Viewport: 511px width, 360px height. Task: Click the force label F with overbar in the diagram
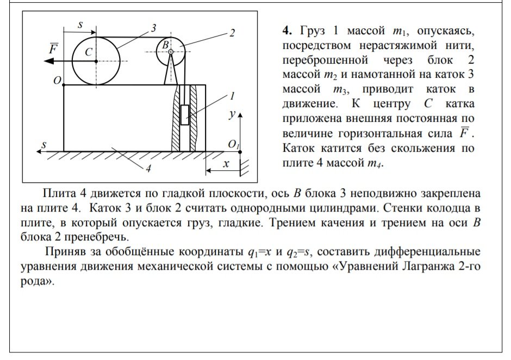point(53,48)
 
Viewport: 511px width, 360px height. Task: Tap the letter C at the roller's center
point(89,52)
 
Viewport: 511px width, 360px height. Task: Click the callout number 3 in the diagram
point(154,28)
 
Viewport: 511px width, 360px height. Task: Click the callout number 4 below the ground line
point(147,169)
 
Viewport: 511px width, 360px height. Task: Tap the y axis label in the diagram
point(232,115)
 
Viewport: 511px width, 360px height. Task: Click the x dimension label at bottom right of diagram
point(226,163)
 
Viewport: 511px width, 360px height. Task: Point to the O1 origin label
point(234,145)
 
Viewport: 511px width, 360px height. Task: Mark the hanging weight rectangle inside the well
point(185,115)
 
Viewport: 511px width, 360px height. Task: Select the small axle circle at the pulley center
point(171,52)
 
